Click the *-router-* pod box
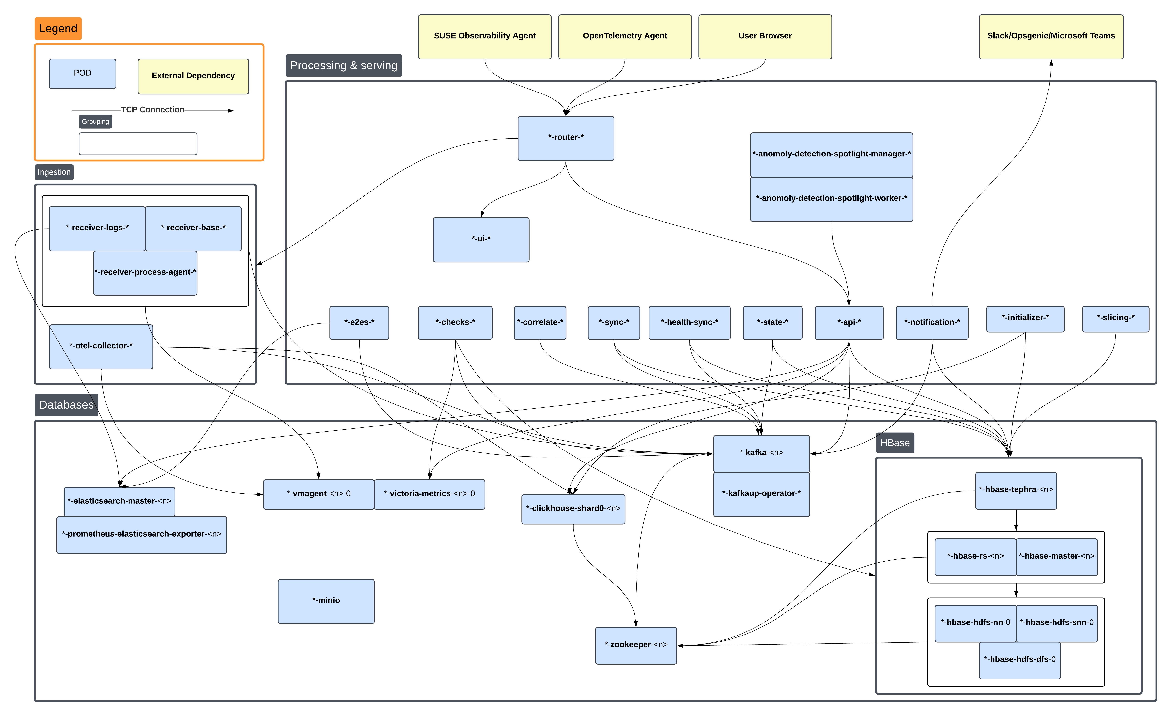coord(566,138)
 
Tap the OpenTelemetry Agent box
coord(624,37)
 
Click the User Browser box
coord(765,37)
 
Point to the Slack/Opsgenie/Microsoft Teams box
coord(1051,37)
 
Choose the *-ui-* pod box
coord(481,240)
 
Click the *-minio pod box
coord(326,601)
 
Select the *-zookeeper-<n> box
coord(636,645)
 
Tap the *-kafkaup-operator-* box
coord(761,494)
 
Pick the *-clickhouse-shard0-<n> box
coord(573,509)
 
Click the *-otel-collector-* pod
coord(101,346)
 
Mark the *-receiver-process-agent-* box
coord(145,273)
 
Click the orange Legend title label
coord(58,29)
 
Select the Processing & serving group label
coord(343,66)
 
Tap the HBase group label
coord(894,443)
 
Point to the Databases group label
coord(66,405)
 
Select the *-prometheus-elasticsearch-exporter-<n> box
coord(142,535)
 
